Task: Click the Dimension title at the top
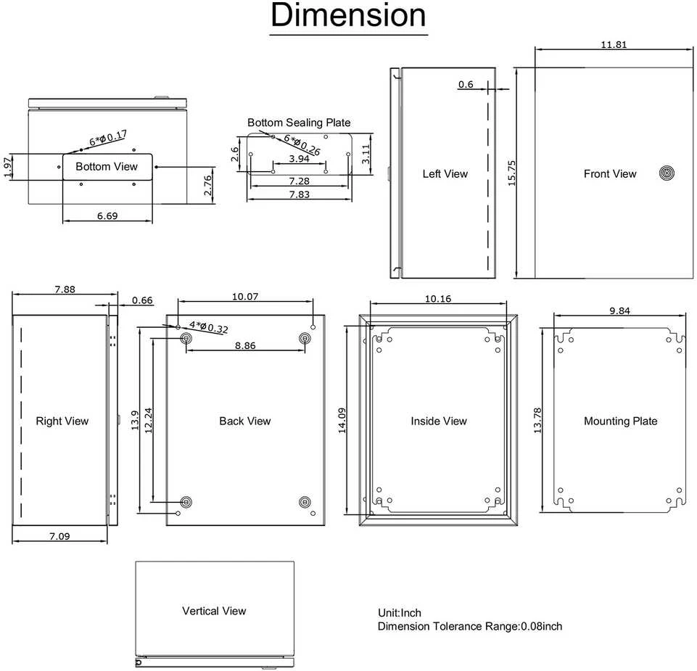(x=348, y=15)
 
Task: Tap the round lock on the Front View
(x=667, y=173)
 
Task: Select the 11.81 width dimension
(x=614, y=44)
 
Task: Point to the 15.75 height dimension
(x=511, y=173)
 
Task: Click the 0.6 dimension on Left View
(x=466, y=84)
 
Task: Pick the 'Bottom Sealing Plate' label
(x=299, y=123)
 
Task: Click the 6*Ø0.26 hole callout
(x=302, y=145)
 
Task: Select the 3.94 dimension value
(x=299, y=159)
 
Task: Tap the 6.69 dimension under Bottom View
(x=107, y=216)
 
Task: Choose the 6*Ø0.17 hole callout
(x=108, y=138)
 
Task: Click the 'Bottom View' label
(x=107, y=167)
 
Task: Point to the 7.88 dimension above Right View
(x=65, y=289)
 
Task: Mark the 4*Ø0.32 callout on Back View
(x=209, y=327)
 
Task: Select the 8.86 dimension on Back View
(x=245, y=345)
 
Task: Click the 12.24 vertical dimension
(x=149, y=420)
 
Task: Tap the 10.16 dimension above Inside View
(x=438, y=299)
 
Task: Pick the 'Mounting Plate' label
(x=621, y=421)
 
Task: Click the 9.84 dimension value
(x=619, y=310)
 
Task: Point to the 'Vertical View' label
(x=214, y=611)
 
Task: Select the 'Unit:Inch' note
(x=399, y=613)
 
